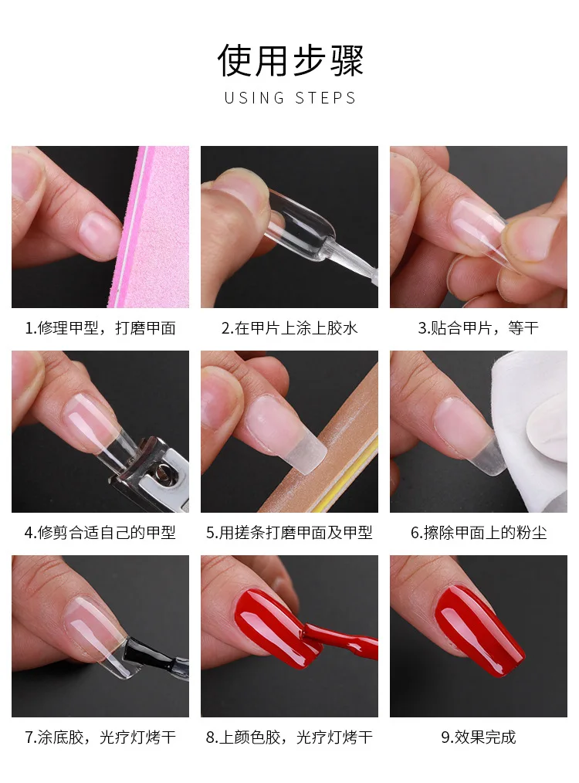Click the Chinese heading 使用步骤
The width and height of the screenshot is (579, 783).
[289, 61]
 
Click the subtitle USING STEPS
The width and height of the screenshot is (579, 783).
[289, 98]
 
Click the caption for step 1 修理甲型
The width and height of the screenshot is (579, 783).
[100, 328]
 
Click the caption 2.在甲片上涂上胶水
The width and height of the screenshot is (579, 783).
[289, 328]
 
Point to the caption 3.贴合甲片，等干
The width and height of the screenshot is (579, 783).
[478, 328]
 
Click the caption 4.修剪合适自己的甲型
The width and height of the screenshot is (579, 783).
[100, 533]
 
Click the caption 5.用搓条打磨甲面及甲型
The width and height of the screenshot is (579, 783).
[289, 533]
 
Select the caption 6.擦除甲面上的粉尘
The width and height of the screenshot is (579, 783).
[478, 533]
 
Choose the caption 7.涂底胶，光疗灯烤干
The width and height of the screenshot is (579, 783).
[100, 737]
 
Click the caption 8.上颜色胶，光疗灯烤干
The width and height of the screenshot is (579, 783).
[289, 737]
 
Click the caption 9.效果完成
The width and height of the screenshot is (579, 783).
[478, 737]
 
